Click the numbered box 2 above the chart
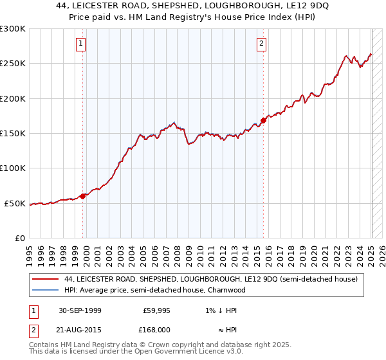[262, 44]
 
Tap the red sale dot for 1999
[83, 196]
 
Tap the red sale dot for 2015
[264, 120]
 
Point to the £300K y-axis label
[13, 29]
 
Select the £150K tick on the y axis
[13, 134]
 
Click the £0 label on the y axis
[19, 239]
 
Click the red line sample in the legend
[45, 279]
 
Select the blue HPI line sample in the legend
[45, 290]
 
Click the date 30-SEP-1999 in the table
[80, 310]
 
